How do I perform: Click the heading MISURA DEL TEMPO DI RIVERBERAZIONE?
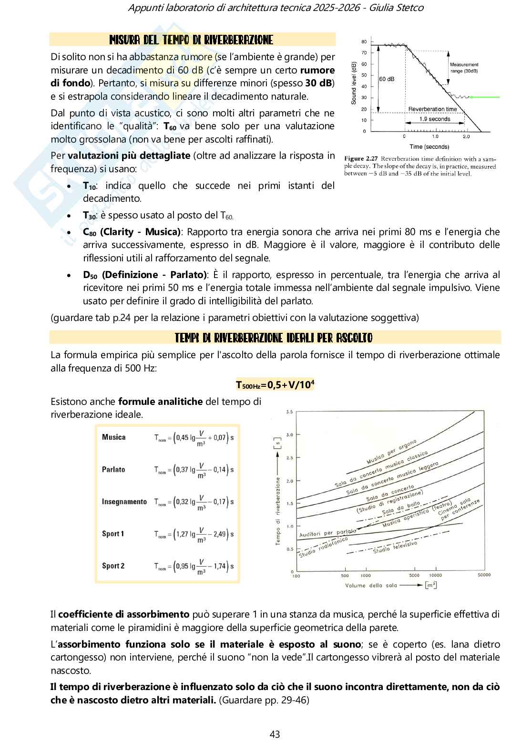pos(191,40)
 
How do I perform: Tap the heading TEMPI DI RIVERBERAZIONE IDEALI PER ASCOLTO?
pos(274,338)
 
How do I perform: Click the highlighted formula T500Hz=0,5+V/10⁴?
pos(275,385)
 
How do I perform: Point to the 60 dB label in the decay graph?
pos(387,79)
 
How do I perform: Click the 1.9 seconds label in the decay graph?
pos(434,119)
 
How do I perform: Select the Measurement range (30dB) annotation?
pos(464,67)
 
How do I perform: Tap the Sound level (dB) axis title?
pos(353,83)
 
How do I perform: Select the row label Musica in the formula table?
pos(114,437)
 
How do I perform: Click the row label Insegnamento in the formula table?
pos(124,502)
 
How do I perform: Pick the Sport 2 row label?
pos(113,566)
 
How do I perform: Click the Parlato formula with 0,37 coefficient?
pos(194,470)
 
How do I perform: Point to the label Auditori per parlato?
pos(327,533)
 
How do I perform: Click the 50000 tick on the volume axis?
pos(483,575)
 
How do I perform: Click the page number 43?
pos(275,734)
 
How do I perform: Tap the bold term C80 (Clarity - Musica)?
pos(132,232)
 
